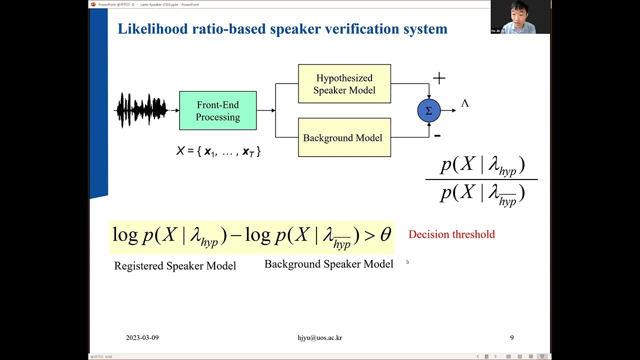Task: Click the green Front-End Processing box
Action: pyautogui.click(x=217, y=110)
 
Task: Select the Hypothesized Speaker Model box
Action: pyautogui.click(x=344, y=84)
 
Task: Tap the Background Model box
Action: pyautogui.click(x=344, y=137)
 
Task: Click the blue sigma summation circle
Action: pyautogui.click(x=428, y=111)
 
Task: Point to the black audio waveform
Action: pyautogui.click(x=142, y=110)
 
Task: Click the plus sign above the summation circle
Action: pyautogui.click(x=439, y=78)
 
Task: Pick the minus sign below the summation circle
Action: pyautogui.click(x=437, y=135)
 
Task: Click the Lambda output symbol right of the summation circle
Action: pyautogui.click(x=464, y=103)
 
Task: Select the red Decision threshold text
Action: pyautogui.click(x=451, y=234)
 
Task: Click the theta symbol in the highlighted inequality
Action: pyautogui.click(x=385, y=234)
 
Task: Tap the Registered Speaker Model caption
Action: pyautogui.click(x=175, y=266)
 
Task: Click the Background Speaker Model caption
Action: pyautogui.click(x=328, y=264)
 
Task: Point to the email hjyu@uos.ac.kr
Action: pyautogui.click(x=319, y=338)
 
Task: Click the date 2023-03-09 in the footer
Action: pyautogui.click(x=142, y=338)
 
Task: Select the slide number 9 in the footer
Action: pyautogui.click(x=511, y=338)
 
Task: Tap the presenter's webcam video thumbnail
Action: pyautogui.click(x=520, y=17)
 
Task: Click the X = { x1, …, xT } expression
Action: pyautogui.click(x=218, y=151)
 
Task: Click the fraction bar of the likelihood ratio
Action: pyautogui.click(x=481, y=179)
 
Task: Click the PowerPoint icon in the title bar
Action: pyautogui.click(x=93, y=4)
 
